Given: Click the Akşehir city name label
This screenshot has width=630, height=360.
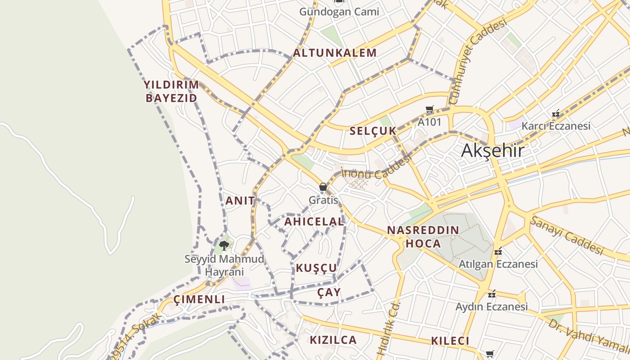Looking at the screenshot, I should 492,150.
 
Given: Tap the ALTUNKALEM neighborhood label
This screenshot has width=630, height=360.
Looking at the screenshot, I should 335,53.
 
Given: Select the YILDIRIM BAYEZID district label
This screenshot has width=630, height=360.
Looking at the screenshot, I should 171,91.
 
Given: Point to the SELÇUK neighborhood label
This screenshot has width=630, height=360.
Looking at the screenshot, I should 373,131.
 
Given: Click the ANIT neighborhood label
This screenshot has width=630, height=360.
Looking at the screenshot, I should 240,201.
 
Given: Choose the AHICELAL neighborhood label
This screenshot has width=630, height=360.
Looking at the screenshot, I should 314,221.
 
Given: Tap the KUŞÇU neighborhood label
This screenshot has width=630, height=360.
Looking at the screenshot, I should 316,268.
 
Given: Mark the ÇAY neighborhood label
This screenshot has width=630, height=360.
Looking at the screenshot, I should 329,292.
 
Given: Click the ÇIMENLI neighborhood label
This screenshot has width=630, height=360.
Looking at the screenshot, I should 199,299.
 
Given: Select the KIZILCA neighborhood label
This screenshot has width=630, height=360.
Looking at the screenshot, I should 333,340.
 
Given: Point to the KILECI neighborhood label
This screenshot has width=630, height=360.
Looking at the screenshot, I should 450,341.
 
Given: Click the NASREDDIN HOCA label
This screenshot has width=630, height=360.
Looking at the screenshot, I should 423,237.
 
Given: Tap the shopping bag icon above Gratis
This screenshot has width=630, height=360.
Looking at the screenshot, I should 323,187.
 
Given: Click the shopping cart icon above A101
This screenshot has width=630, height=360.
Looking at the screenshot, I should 429,109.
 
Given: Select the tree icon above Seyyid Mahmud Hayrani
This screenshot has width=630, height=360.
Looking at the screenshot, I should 224,246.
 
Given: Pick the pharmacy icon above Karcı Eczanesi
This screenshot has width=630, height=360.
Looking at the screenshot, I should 556,113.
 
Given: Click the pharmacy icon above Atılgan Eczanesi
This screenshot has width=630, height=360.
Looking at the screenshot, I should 498,252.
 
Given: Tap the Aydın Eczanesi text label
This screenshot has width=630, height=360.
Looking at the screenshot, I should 491,307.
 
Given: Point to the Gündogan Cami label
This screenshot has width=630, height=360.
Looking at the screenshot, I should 339,12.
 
